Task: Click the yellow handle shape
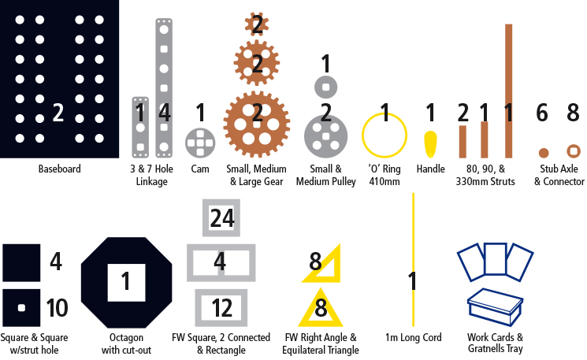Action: click(430, 144)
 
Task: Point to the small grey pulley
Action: click(319, 87)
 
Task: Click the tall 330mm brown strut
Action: click(508, 91)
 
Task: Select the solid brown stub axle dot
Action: click(544, 153)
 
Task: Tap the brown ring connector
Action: click(573, 147)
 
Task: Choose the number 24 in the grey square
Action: click(222, 218)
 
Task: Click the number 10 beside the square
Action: click(57, 308)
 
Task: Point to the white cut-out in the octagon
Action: click(127, 283)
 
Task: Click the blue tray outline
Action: click(495, 307)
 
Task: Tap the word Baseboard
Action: click(60, 169)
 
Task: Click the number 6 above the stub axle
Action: click(542, 113)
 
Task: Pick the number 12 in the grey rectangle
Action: click(221, 308)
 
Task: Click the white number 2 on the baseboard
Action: click(58, 113)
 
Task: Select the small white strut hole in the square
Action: click(22, 308)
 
